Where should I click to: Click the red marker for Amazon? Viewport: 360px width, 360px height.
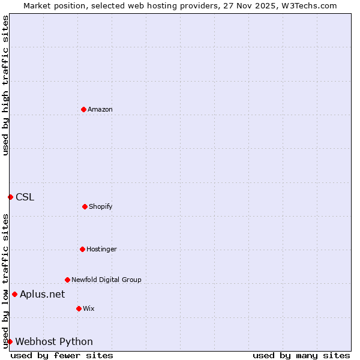[83, 109]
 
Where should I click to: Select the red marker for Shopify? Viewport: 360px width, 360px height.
[85, 206]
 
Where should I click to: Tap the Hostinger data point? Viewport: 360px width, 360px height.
[82, 249]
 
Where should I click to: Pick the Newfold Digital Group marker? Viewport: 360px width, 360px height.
[67, 280]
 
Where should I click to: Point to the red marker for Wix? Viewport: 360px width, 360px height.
[79, 308]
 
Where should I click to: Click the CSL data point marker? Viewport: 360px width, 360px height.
[10, 197]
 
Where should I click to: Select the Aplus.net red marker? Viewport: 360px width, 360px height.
[14, 294]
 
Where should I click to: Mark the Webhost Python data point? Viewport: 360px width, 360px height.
[10, 341]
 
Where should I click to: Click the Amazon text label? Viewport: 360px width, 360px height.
[100, 109]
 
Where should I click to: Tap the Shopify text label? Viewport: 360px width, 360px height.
[101, 206]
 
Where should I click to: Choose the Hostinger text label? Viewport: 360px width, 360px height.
[101, 249]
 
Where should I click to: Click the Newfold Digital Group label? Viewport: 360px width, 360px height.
[106, 280]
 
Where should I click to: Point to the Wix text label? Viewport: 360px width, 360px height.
[89, 308]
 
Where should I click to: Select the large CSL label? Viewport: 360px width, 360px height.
[25, 197]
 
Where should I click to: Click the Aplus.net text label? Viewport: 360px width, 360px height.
[42, 294]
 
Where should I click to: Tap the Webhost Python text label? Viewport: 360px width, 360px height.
[54, 341]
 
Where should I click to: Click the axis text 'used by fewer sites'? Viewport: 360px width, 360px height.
[62, 355]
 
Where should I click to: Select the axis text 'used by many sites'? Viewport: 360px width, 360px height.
[301, 355]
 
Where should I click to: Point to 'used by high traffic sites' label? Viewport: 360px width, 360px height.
[5, 85]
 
